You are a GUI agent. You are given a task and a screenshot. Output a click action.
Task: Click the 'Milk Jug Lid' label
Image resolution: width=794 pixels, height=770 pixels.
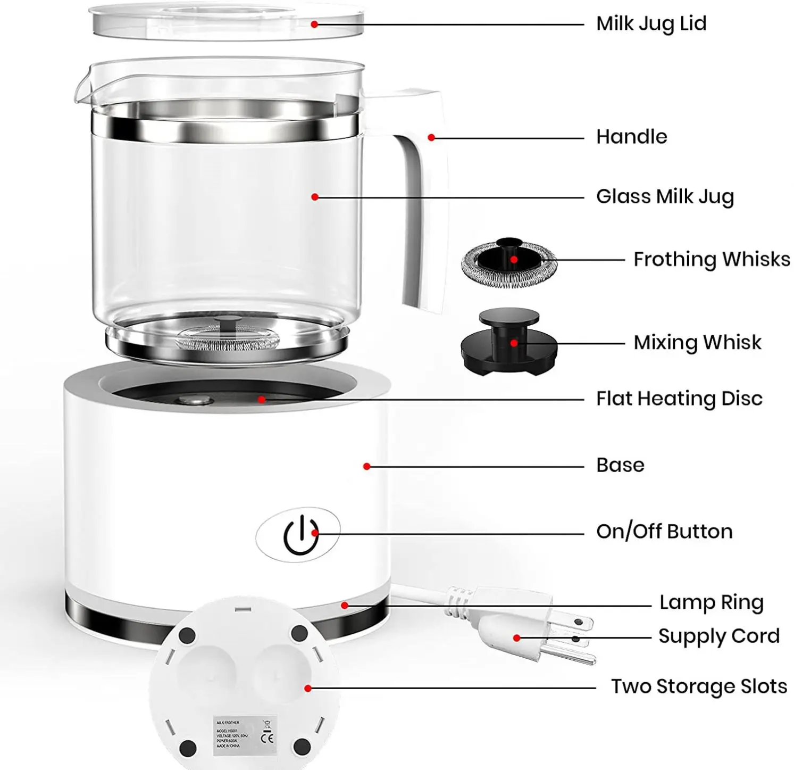(x=651, y=24)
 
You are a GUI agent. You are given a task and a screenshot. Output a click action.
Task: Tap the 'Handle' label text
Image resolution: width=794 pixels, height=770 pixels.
(x=631, y=137)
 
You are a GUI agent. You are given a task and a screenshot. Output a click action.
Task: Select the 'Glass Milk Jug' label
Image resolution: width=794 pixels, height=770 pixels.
(x=665, y=197)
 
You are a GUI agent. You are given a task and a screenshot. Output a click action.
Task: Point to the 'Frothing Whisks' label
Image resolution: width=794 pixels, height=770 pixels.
(x=711, y=260)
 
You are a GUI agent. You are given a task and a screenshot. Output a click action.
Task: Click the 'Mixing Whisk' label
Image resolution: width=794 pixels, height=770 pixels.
(x=697, y=343)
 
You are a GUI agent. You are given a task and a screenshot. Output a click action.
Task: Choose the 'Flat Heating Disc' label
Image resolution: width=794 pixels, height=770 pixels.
(x=679, y=399)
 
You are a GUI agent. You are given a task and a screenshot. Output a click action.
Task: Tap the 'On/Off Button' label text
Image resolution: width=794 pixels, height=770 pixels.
(x=664, y=532)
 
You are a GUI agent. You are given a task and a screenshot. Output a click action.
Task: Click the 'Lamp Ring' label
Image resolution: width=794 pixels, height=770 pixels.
(x=711, y=603)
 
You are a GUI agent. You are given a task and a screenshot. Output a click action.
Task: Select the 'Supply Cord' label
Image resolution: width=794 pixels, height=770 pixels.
(x=718, y=636)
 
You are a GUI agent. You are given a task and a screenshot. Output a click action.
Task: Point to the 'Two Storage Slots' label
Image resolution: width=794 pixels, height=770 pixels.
(x=698, y=687)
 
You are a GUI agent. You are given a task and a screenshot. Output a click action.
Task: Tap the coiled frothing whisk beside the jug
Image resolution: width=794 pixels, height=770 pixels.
(x=508, y=262)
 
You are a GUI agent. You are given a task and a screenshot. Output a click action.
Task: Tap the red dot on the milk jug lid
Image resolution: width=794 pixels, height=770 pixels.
(x=314, y=24)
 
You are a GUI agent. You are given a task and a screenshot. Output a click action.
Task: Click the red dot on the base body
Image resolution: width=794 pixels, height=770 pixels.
(x=366, y=467)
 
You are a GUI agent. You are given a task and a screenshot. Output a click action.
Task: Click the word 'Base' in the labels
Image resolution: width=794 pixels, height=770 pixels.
(x=620, y=466)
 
